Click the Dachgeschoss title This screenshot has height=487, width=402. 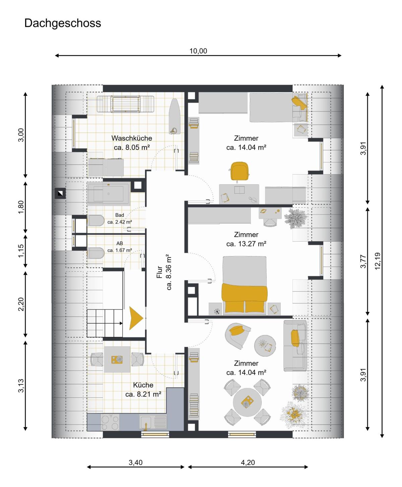[63, 23]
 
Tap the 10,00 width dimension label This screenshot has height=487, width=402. [198, 51]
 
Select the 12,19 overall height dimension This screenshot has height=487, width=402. [378, 261]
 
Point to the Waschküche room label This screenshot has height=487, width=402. [132, 138]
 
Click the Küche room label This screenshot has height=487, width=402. [143, 385]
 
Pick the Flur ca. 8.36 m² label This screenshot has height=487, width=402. [164, 272]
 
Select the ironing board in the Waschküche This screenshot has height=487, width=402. [175, 116]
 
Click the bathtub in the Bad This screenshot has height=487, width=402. [109, 194]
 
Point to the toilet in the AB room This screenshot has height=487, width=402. [96, 253]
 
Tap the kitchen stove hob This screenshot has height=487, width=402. [110, 422]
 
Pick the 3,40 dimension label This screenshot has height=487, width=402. [135, 462]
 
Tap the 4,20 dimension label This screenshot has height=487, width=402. [248, 462]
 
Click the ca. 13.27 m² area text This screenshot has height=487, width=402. [246, 244]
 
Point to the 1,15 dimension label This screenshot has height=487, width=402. [21, 251]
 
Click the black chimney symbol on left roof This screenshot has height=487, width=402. [60, 193]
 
